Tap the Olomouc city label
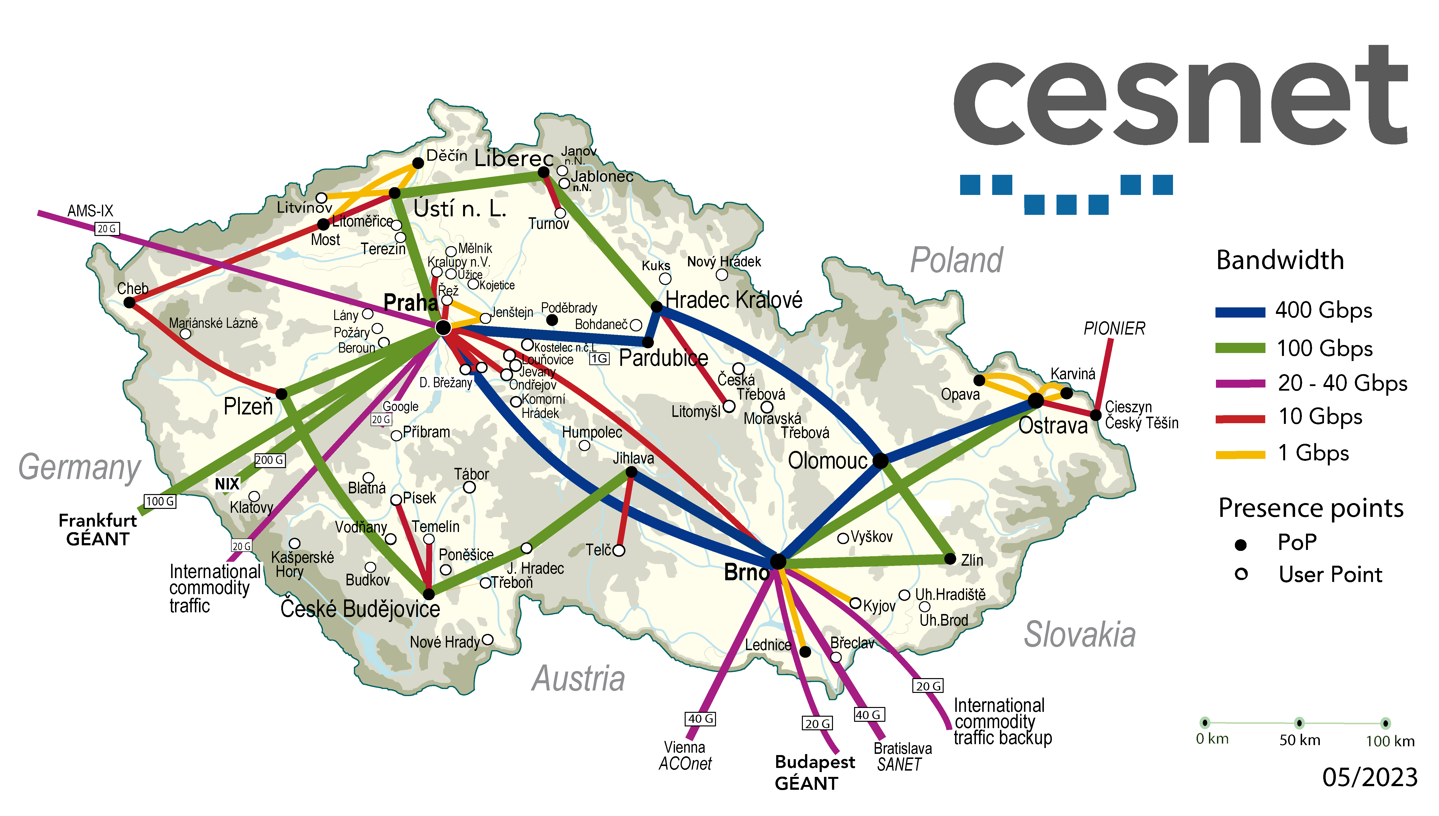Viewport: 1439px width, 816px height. click(827, 461)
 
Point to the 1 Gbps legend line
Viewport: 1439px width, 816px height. click(1239, 454)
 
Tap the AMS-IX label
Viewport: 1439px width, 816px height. click(90, 211)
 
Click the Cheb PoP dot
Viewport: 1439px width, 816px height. click(129, 303)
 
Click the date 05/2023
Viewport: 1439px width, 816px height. click(1370, 777)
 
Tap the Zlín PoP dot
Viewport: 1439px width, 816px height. click(950, 559)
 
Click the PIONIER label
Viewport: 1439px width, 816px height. click(1114, 328)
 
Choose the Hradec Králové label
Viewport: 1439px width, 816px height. click(734, 300)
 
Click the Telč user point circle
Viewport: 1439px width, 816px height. click(618, 550)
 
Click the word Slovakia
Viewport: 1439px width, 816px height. click(1079, 635)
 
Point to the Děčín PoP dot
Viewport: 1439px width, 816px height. click(418, 163)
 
